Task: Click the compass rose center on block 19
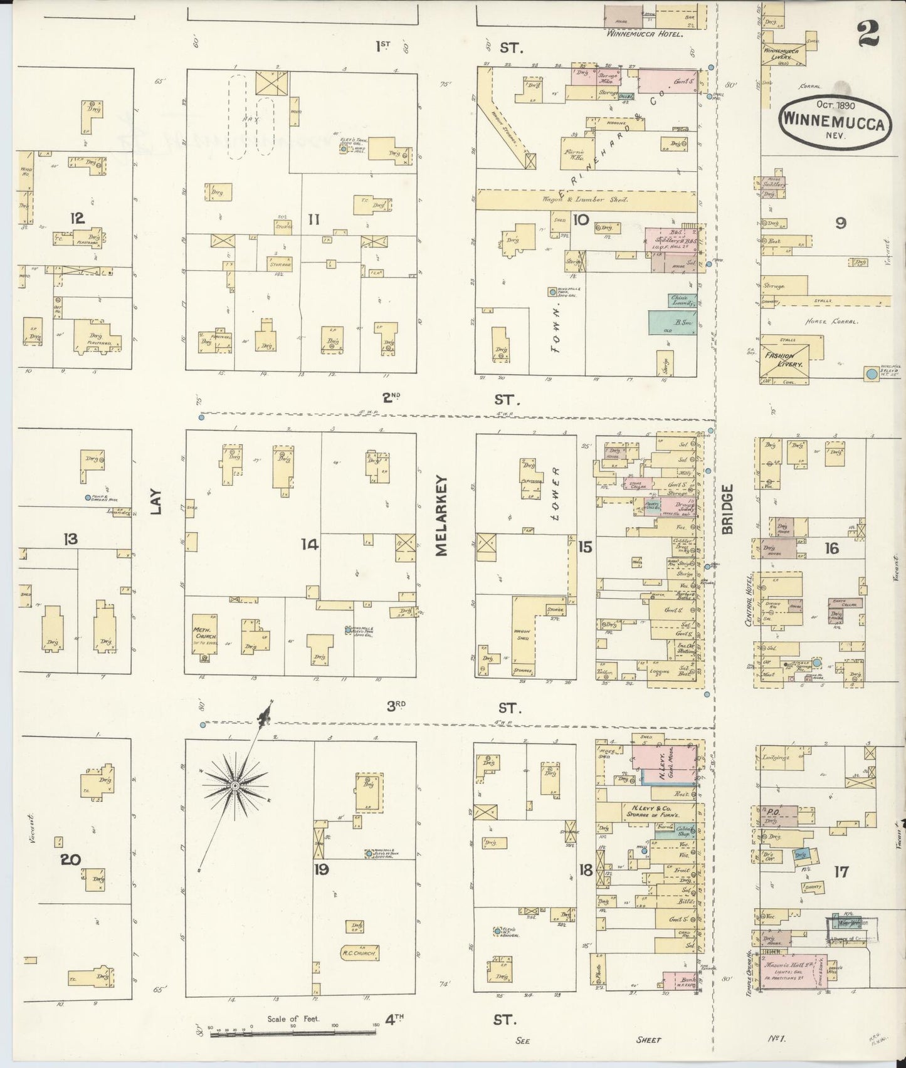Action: tap(234, 785)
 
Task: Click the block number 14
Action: tap(310, 545)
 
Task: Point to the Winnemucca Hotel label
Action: tap(644, 34)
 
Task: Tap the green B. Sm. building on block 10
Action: tap(670, 321)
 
